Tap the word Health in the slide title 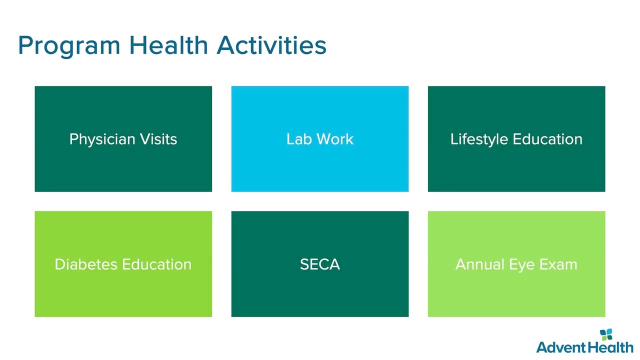tap(168, 45)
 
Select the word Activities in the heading tap(271, 45)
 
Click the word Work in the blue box tap(335, 139)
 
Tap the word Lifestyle tap(479, 139)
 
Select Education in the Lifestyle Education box tap(547, 139)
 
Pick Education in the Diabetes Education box tap(157, 264)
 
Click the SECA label tap(320, 264)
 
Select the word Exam tap(558, 264)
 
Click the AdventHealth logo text tap(585, 347)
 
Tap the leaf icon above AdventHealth tap(606, 334)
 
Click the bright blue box tap(320, 139)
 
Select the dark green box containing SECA tap(320, 264)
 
